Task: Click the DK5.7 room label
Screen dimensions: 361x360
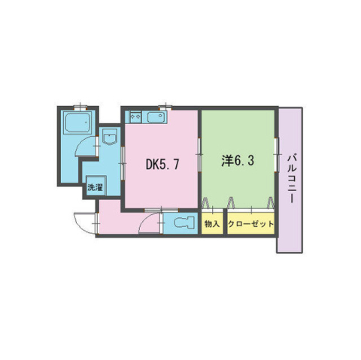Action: [162, 165]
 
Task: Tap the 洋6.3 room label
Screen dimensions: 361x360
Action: [238, 161]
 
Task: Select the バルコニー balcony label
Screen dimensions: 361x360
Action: [292, 178]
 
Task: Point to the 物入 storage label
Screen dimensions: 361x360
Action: [212, 224]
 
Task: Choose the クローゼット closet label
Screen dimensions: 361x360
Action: [250, 224]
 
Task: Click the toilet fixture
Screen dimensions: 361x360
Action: [184, 222]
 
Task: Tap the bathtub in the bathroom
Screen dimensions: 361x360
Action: [77, 123]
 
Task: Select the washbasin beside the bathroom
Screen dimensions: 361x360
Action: [110, 137]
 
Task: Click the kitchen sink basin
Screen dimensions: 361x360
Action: [156, 117]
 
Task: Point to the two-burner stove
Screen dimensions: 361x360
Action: [135, 116]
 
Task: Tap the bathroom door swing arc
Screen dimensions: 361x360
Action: [83, 147]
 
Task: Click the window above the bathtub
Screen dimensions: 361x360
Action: [80, 107]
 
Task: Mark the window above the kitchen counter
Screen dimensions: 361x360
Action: [165, 107]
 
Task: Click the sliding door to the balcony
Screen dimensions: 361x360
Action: [276, 155]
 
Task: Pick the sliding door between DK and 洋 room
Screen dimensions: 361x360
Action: [199, 155]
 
